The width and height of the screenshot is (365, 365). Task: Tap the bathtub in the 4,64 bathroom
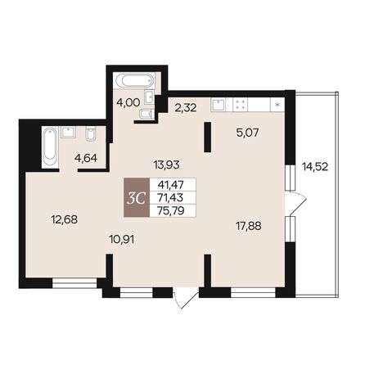[x=47, y=148]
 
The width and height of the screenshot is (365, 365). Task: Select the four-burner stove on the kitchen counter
[x=242, y=104]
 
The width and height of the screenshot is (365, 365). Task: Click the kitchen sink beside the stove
[x=219, y=104]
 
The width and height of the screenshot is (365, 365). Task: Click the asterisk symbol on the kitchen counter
[x=277, y=105]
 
